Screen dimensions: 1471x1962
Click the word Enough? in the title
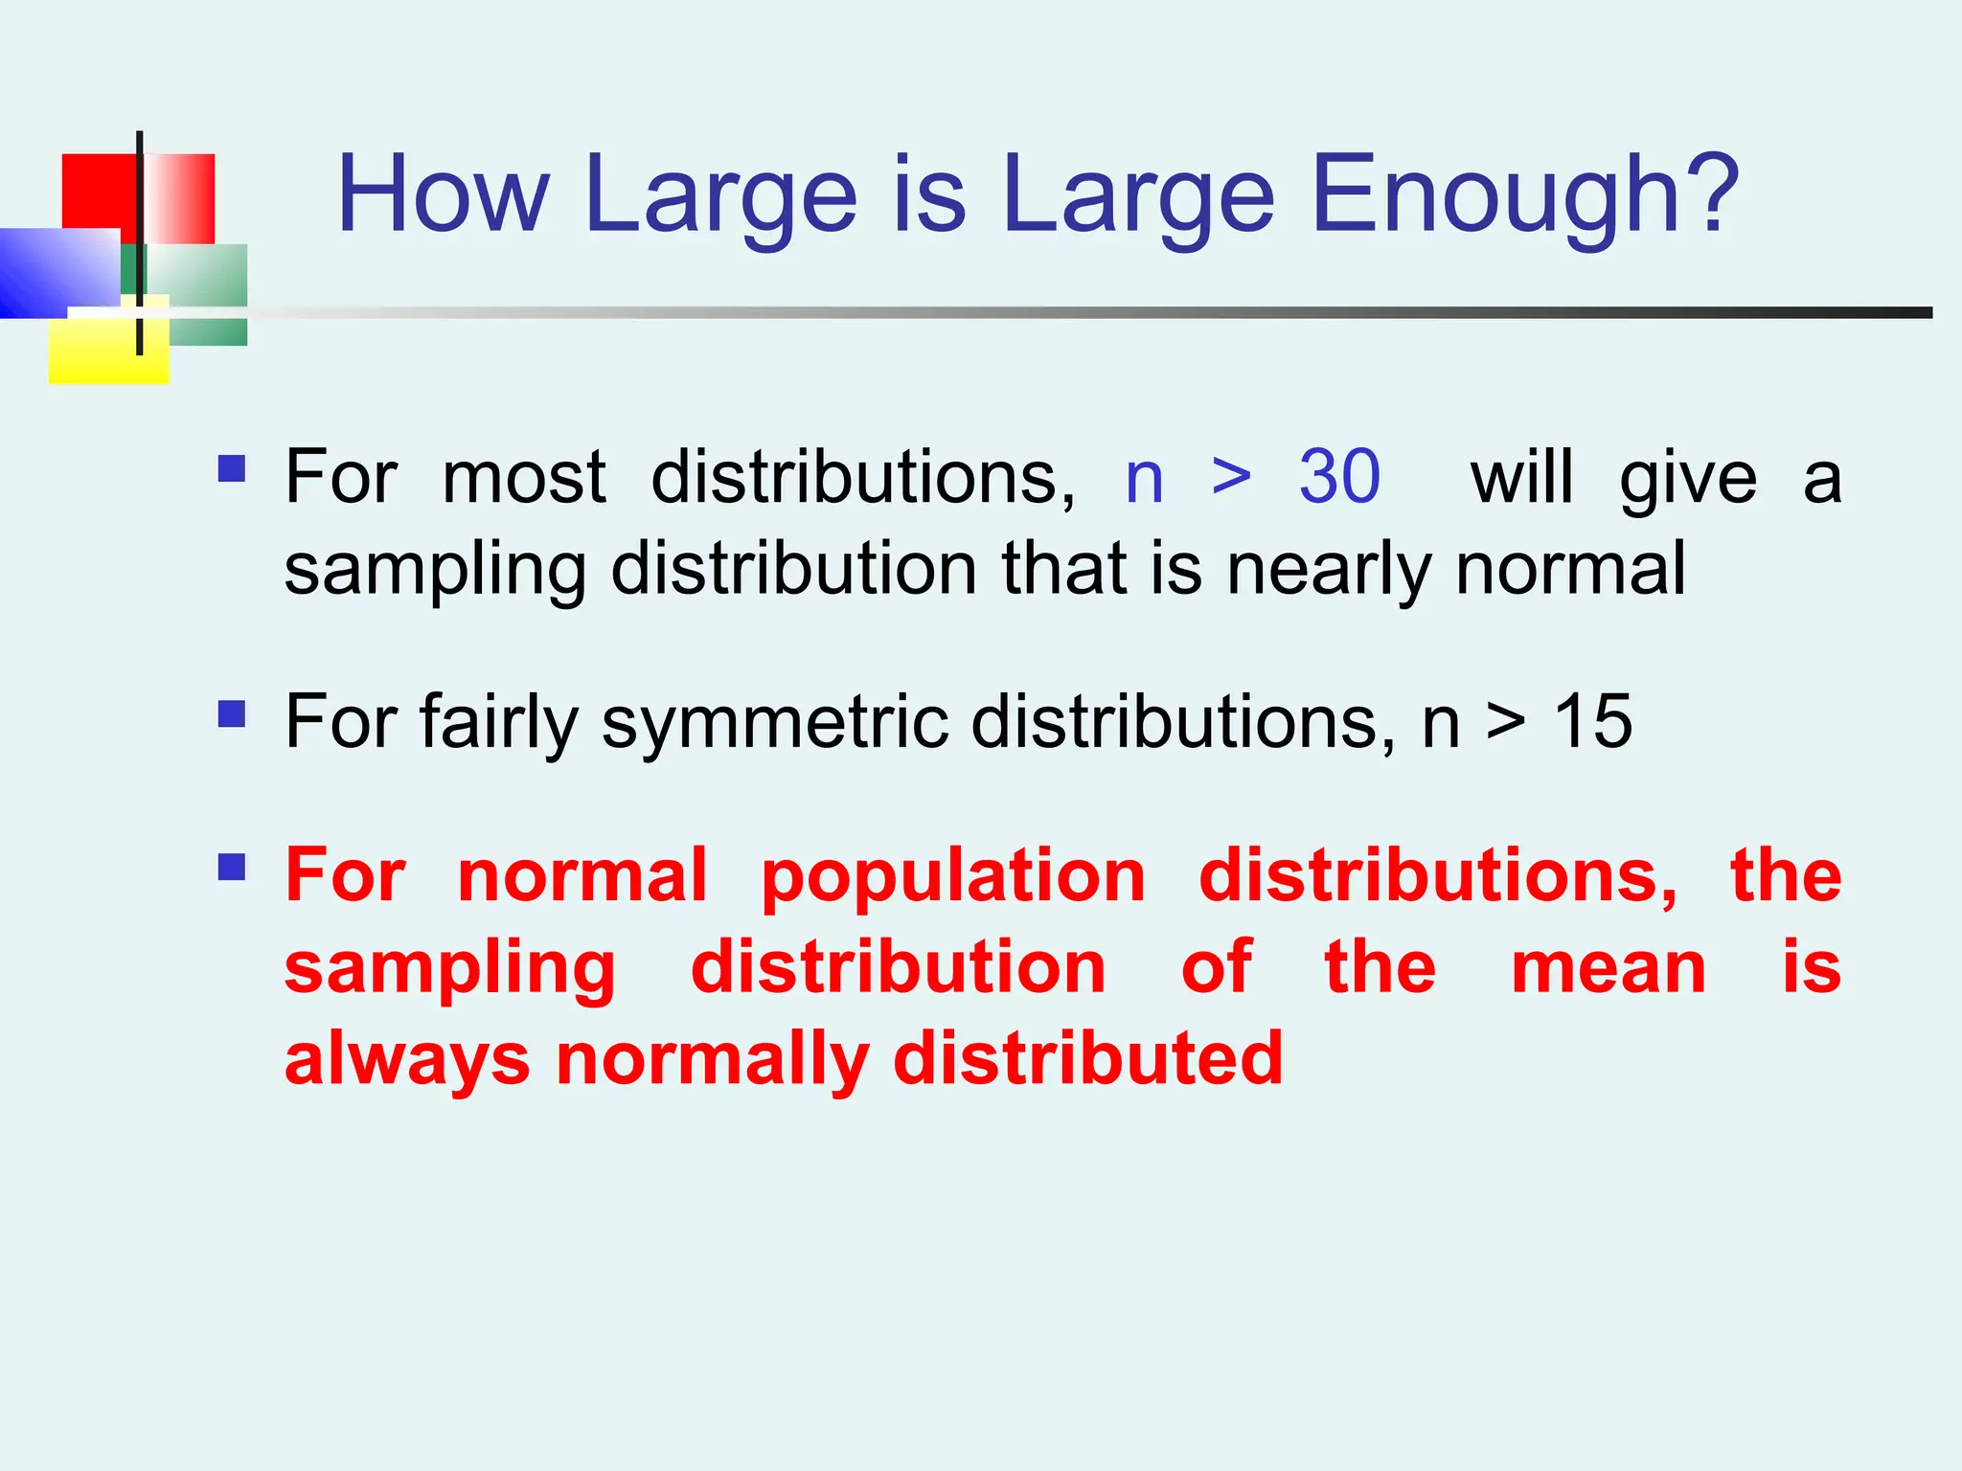pos(1523,195)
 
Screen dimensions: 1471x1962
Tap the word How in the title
pos(443,195)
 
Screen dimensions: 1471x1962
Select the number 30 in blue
pos(1339,477)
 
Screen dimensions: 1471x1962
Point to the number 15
pos(1592,721)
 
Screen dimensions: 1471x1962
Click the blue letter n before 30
pos(1144,479)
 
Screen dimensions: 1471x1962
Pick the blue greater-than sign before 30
pos(1231,477)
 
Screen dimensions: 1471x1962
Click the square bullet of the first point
pos(232,468)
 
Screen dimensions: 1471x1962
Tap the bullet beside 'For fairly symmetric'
pos(232,714)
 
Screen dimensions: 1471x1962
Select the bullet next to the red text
pos(232,868)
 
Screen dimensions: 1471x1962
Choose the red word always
pos(407,1061)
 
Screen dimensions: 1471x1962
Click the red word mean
pos(1608,968)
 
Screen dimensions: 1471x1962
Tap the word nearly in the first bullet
pos(1328,571)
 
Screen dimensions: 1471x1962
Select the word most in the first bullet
pos(524,477)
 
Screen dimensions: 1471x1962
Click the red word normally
pos(712,1061)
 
